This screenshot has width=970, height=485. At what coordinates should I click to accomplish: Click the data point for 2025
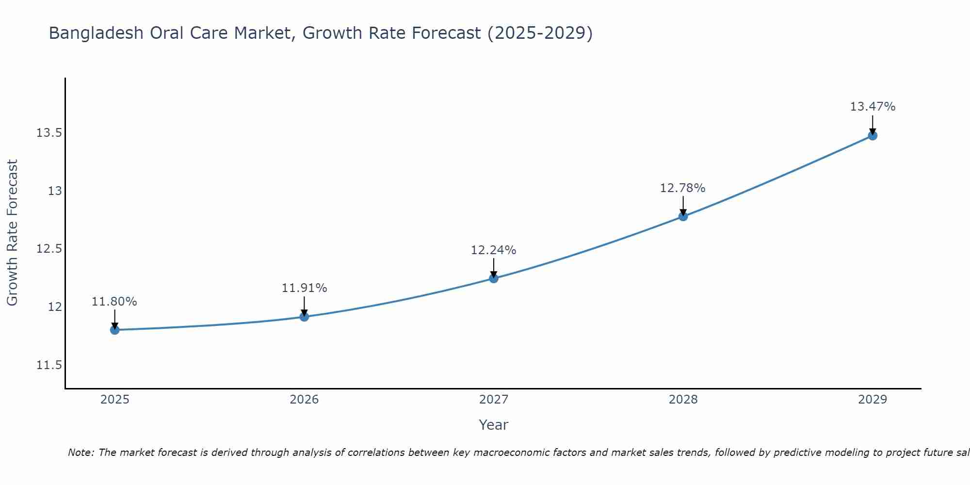pos(115,330)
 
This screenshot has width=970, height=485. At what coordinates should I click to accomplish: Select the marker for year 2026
pos(304,317)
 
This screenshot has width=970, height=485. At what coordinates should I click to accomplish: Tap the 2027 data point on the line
pos(494,278)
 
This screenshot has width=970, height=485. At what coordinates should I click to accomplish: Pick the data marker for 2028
pos(683,216)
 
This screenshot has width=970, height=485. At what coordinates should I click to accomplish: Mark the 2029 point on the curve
pos(873,135)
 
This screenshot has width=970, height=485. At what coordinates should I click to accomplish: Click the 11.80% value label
pos(114,302)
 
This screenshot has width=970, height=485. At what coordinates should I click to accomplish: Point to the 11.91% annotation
pos(304,288)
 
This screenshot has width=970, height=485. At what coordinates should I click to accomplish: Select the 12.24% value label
pos(494,250)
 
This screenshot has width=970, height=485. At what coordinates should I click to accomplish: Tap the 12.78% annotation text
pos(683,188)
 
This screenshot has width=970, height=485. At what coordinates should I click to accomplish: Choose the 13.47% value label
pos(873,107)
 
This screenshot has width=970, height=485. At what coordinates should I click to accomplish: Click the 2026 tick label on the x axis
pos(304,400)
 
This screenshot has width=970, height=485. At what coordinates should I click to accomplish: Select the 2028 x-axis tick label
pos(683,400)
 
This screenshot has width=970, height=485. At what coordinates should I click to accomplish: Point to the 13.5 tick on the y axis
pos(49,133)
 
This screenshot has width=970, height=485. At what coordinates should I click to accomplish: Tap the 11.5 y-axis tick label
pos(49,365)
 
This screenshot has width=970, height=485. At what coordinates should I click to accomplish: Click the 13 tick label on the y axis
pos(55,191)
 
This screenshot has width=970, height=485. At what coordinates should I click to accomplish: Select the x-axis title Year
pos(493,425)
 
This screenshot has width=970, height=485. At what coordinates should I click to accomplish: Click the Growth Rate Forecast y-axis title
pos(13,233)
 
